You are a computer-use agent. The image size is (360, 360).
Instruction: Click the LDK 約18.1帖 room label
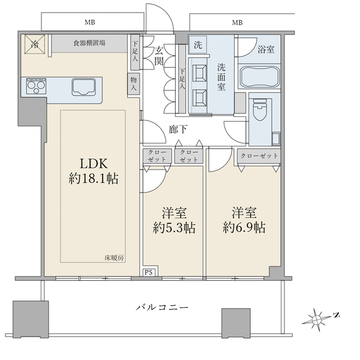coord(94,171)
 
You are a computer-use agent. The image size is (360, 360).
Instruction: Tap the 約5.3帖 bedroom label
coord(174,220)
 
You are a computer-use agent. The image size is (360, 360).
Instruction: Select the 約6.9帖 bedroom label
coord(244,220)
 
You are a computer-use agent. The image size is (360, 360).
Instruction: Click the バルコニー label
coord(162,307)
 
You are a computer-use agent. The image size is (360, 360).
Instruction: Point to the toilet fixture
coord(260,110)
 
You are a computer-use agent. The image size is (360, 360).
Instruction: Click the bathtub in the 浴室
coord(259,77)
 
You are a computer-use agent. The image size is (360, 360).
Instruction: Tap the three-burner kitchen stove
coord(36,86)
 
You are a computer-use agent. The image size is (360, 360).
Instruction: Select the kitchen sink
coord(83,87)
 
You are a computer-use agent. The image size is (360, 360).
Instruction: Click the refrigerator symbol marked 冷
coord(35,44)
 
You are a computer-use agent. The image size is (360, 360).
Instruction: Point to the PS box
coord(149,272)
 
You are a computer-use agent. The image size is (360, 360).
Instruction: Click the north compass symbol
coord(320,319)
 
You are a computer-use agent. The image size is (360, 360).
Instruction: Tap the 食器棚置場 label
coord(89,43)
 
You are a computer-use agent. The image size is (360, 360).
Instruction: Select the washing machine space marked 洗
coord(198,44)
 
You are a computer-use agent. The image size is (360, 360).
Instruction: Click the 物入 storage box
coord(133,83)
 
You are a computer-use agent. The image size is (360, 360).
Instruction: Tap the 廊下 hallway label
coord(178,130)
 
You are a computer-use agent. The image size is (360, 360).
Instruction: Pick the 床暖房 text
coord(114,258)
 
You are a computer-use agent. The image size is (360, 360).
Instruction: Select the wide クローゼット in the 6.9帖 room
coord(259,156)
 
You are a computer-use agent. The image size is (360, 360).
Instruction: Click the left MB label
coord(90,22)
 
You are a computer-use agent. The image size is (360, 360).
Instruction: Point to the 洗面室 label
coord(221,77)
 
